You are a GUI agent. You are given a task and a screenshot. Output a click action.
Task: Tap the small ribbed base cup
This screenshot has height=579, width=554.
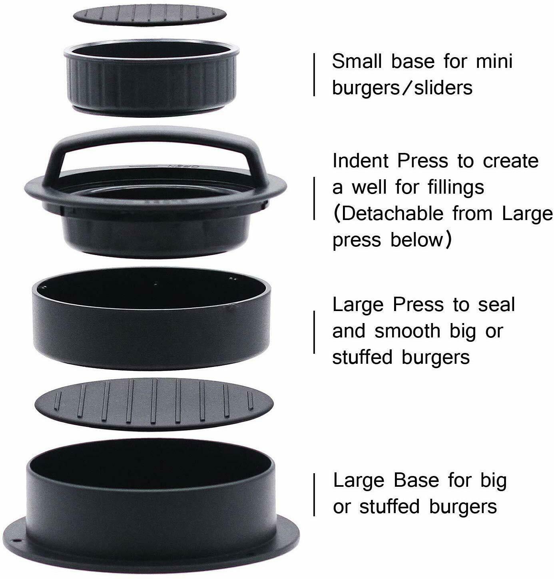[x=151, y=77]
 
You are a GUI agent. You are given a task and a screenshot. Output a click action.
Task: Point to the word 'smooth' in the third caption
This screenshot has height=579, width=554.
[x=407, y=331]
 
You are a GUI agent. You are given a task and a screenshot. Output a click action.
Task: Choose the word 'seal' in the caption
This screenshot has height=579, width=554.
[x=496, y=305]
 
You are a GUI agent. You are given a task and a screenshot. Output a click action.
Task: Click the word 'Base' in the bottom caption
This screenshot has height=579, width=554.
[x=416, y=480]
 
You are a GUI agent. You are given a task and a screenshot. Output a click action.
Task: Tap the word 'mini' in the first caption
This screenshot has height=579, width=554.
[x=494, y=61]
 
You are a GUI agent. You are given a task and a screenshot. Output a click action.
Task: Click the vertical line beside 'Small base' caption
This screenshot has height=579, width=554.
[x=314, y=75]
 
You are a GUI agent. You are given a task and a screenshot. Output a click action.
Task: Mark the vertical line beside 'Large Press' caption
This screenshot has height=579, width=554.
[x=314, y=332]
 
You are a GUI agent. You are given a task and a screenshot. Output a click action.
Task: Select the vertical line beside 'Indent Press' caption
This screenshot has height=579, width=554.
[x=314, y=198]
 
